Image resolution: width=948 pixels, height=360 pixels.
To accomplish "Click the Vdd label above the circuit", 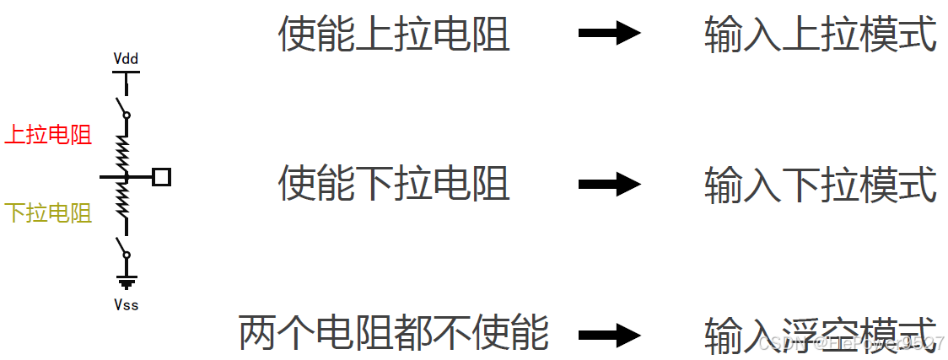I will click(126, 59).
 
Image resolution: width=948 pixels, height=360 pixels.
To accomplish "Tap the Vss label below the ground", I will click(126, 304).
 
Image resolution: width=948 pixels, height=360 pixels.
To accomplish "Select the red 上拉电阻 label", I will click(48, 135).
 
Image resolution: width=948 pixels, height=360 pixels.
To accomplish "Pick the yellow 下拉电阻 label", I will click(48, 213).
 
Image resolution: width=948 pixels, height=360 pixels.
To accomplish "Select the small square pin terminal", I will click(162, 177).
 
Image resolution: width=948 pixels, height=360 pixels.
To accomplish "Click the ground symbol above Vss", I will click(126, 282).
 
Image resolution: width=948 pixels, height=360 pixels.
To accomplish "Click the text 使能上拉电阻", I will click(394, 35).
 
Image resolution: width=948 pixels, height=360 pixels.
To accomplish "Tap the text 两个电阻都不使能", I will click(394, 332).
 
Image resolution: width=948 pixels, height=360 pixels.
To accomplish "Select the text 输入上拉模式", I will click(820, 35).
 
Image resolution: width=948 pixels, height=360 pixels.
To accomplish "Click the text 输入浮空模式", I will click(820, 332).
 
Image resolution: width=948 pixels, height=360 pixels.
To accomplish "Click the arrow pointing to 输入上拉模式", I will click(610, 34).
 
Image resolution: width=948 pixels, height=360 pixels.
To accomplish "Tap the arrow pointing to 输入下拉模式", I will click(610, 183).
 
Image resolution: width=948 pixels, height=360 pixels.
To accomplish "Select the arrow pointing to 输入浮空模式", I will click(610, 334).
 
